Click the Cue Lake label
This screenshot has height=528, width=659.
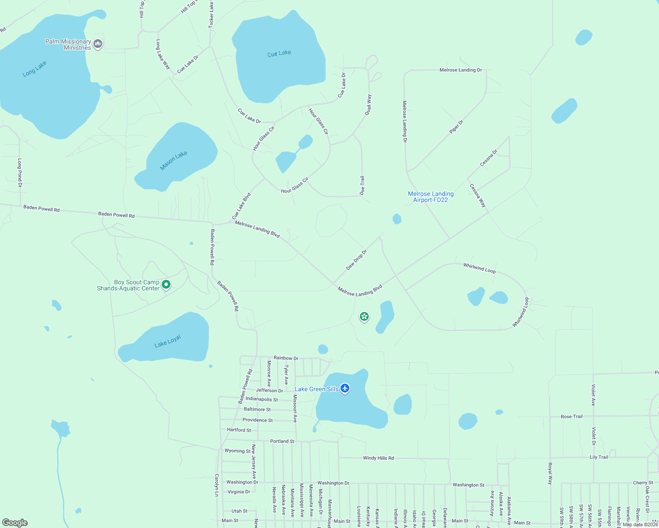[279, 53]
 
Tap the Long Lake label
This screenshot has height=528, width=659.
[34, 69]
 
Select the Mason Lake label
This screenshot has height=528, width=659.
[174, 160]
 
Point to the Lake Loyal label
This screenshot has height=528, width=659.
[168, 341]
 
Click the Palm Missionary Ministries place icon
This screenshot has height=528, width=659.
[98, 44]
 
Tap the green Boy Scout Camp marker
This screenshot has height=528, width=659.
[166, 285]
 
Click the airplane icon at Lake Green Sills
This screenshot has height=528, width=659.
[345, 389]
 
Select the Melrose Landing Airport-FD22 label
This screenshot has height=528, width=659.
[430, 197]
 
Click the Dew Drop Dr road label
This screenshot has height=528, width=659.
[356, 260]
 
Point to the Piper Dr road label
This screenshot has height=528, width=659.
[456, 127]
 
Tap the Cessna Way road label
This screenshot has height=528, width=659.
[478, 196]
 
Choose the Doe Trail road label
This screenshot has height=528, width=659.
[362, 185]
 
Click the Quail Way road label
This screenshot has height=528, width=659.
[368, 105]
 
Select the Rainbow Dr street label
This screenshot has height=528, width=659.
[286, 358]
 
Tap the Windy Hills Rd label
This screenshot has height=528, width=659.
[378, 458]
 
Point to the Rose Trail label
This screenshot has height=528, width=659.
[571, 416]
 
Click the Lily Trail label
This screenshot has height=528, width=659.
[599, 457]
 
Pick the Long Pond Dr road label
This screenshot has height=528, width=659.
[19, 173]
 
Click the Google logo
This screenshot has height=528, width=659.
[15, 523]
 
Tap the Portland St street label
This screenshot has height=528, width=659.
[282, 441]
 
